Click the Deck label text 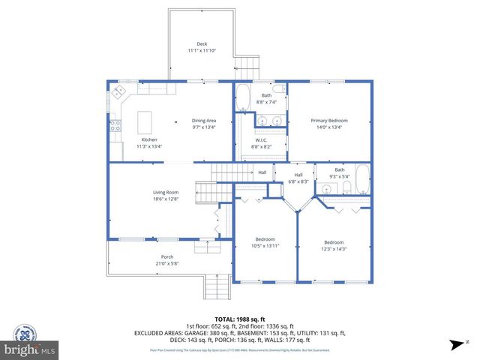click(202, 44)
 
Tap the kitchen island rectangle click(145, 120)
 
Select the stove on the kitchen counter click(115, 127)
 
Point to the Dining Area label click(204, 121)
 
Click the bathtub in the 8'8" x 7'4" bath click(243, 97)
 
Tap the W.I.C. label click(261, 140)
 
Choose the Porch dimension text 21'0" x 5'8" click(166, 263)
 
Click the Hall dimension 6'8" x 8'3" click(299, 181)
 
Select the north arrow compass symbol click(455, 344)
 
